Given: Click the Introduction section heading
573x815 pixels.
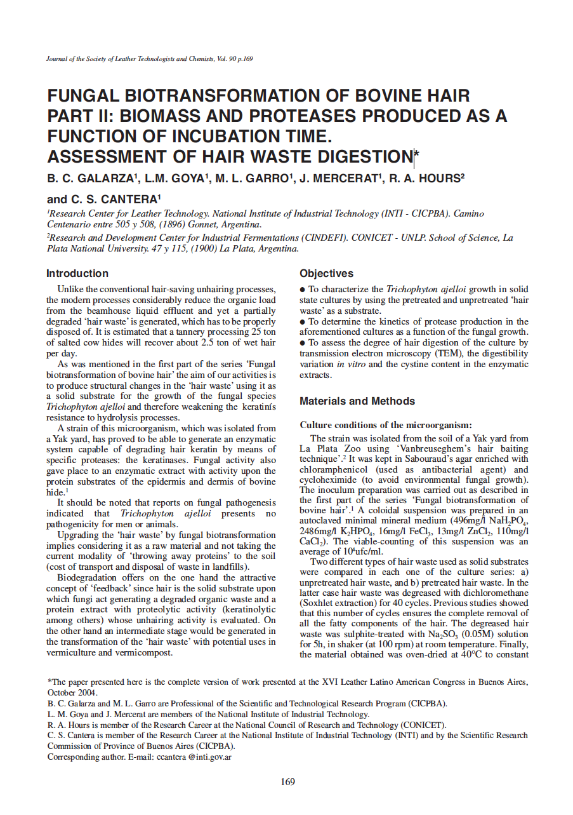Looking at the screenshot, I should click(77, 274).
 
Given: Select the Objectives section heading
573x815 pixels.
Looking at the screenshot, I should click(326, 274).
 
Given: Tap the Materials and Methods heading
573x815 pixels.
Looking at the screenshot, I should click(357, 401).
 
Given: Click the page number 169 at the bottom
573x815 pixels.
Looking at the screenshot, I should click(287, 782).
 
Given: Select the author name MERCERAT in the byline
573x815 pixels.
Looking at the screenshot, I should click(345, 178).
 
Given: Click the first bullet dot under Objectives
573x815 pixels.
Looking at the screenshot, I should click(303, 289).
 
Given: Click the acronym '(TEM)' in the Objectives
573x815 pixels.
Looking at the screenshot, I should click(423, 353).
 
